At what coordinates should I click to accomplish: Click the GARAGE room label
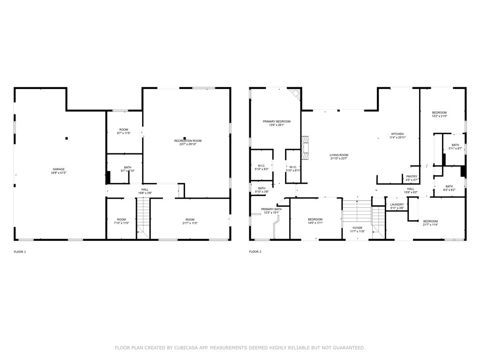coord(59,169)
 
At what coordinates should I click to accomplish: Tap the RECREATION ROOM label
coord(187,141)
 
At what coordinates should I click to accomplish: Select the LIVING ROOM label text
coord(339,155)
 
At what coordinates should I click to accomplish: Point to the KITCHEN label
coord(397,134)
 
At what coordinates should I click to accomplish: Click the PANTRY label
coord(412,176)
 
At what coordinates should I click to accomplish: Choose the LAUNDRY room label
coord(397,205)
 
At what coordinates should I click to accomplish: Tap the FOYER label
coord(358,228)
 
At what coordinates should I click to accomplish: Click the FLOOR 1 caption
coord(20,252)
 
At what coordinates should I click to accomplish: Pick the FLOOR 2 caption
coord(255,252)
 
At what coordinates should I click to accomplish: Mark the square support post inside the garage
coord(67,138)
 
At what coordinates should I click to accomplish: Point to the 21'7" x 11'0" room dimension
coord(189,223)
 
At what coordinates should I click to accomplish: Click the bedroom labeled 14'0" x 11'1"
coord(315,221)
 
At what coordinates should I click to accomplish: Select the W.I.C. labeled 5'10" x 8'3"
coord(262,167)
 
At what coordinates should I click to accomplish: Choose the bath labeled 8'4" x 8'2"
coord(449,187)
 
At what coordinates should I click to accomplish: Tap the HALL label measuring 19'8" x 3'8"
coord(145,191)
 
